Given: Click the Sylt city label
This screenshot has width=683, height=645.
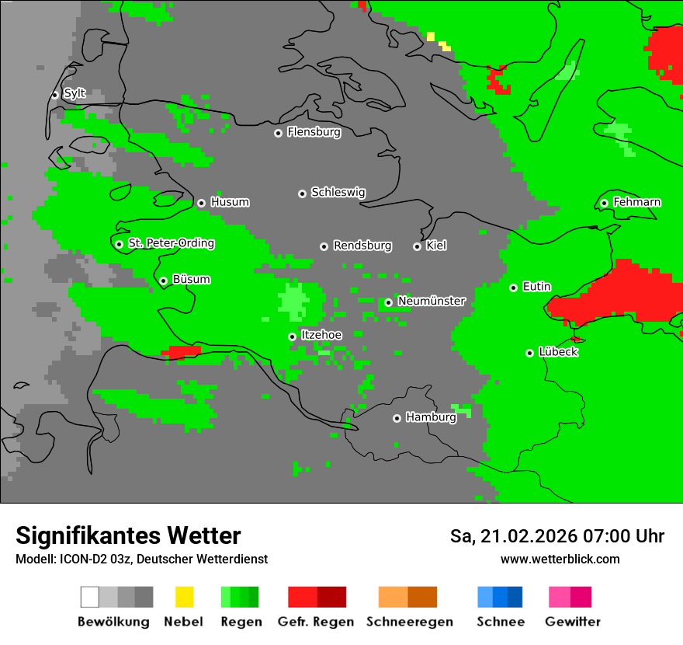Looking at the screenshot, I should [x=75, y=93].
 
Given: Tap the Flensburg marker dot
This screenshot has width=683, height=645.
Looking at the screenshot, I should [x=278, y=133].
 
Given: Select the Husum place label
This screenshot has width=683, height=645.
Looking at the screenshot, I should [x=230, y=202].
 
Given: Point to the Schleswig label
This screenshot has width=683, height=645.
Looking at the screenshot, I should [x=338, y=192].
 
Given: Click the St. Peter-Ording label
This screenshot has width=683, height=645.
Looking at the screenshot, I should [x=171, y=243].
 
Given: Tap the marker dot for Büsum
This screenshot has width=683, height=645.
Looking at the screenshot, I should [x=163, y=281].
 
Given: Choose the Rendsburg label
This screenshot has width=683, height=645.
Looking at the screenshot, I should [x=362, y=246].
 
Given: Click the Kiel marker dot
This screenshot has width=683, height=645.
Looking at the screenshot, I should [x=417, y=246].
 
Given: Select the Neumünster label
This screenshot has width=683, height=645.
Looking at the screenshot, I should [x=432, y=301].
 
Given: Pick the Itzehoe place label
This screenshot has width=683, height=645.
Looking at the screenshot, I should [x=321, y=335].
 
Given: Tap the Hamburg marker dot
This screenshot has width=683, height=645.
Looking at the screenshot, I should [x=397, y=418].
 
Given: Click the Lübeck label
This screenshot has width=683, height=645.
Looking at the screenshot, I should [x=558, y=352].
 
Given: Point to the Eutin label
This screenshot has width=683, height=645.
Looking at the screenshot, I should [x=536, y=287].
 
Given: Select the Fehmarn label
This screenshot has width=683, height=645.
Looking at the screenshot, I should [x=636, y=202].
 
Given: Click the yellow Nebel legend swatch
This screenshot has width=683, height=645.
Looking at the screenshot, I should [x=184, y=597].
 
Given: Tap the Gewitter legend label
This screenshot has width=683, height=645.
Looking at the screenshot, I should [x=573, y=622].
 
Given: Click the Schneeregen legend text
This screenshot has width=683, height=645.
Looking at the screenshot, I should [x=409, y=622].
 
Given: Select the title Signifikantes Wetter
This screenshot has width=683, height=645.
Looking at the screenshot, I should [x=128, y=535].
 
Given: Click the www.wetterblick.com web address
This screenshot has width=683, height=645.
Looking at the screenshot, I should [x=560, y=559].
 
